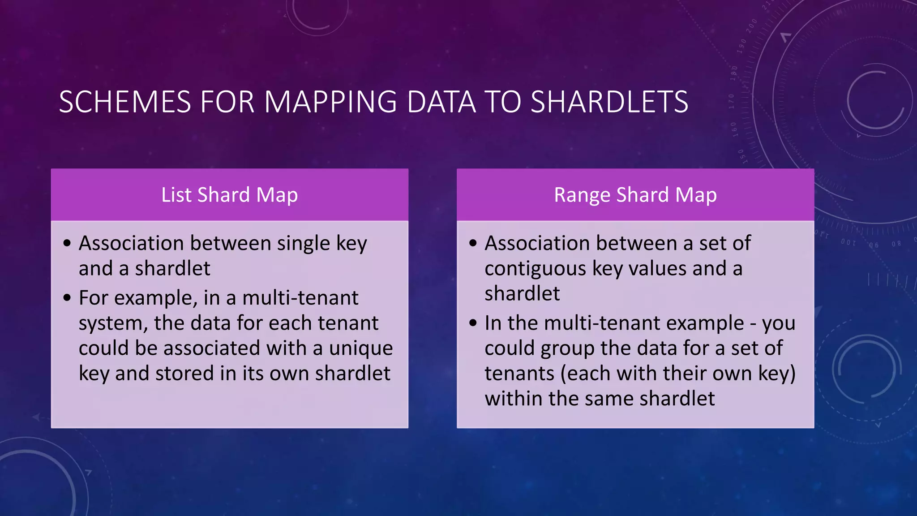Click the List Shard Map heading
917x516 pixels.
[x=229, y=195]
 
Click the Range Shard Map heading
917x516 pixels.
[x=635, y=195]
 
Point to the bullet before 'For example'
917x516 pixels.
[x=67, y=298]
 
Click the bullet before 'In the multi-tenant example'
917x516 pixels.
[x=473, y=323]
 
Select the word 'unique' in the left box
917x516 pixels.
[x=361, y=348]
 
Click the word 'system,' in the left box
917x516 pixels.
[x=113, y=323]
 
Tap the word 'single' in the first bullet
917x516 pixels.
[x=304, y=244]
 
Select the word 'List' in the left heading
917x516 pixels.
[x=176, y=195]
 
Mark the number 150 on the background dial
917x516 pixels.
[x=741, y=156]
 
